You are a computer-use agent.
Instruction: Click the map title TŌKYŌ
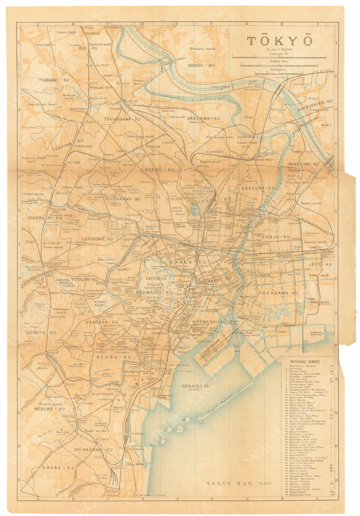(x=280, y=41)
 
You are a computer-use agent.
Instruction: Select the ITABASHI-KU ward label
(x=53, y=80)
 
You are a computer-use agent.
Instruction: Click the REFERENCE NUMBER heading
(x=305, y=362)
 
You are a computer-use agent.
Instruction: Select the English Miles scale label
(x=279, y=61)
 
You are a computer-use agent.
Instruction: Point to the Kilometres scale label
(x=279, y=69)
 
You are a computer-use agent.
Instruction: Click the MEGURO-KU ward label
(x=49, y=409)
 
